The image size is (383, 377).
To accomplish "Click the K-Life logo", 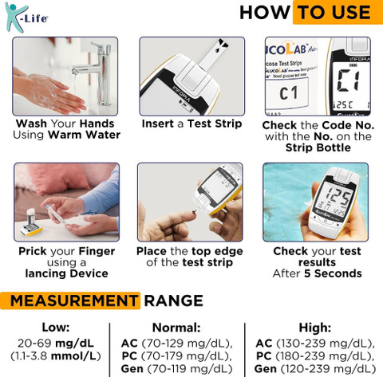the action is [26, 18].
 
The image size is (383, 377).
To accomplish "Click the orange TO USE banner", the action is [338, 12].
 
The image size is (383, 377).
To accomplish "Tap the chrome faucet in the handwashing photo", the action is [98, 73].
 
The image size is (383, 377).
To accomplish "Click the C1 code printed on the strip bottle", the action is [288, 93].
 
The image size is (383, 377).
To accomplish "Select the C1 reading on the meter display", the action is [349, 81].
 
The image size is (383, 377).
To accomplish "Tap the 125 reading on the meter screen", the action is [338, 196].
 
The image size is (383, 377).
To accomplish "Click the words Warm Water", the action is [85, 135].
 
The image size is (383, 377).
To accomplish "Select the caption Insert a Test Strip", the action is [191, 124].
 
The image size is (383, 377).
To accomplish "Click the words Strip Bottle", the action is [318, 147].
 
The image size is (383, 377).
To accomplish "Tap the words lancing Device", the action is [66, 273].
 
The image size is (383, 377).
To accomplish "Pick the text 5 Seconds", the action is [333, 273].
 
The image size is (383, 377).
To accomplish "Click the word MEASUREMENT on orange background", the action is [73, 300].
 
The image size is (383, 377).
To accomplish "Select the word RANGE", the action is [174, 300].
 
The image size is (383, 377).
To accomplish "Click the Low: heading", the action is [56, 328].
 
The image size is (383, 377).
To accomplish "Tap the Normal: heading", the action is [176, 328].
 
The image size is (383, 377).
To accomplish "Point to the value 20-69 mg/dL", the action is [56, 344].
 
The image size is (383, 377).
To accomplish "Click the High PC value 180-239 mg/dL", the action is [325, 356].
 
